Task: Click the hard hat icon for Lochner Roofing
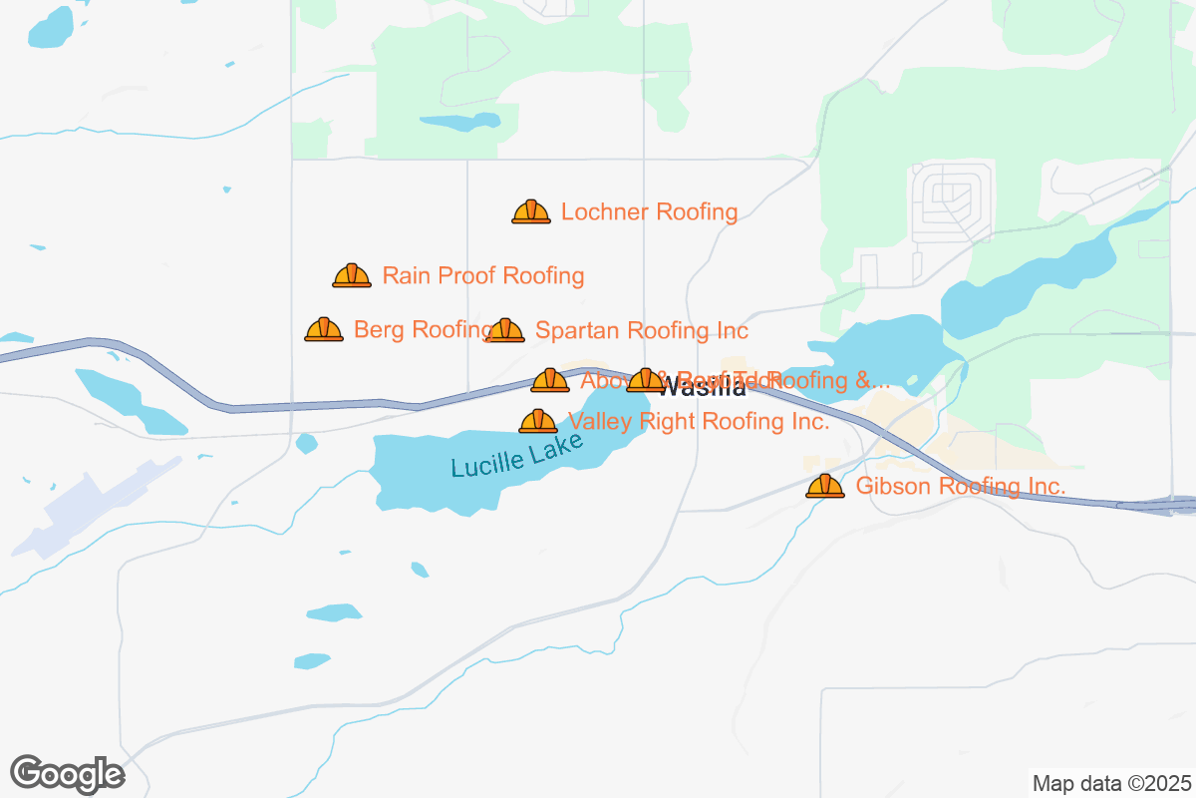pos(531,212)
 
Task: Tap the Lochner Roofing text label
pos(649,212)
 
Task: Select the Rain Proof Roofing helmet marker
pos(352,276)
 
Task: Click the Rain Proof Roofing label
pos(483,275)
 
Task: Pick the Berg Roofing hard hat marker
pos(324,330)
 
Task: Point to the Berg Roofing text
pos(419,330)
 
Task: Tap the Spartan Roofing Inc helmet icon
pos(506,331)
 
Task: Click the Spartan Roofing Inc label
pos(642,330)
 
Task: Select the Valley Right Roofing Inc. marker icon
pos(538,422)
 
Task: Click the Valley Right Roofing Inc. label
pos(698,422)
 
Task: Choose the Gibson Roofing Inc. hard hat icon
pos(825,487)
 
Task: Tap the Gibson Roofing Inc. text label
pos(961,487)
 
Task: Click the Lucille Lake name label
pos(516,454)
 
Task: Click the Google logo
pos(68,774)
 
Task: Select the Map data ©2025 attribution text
pos(1110,782)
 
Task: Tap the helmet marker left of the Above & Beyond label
pos(550,381)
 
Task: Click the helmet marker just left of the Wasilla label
pos(646,380)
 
